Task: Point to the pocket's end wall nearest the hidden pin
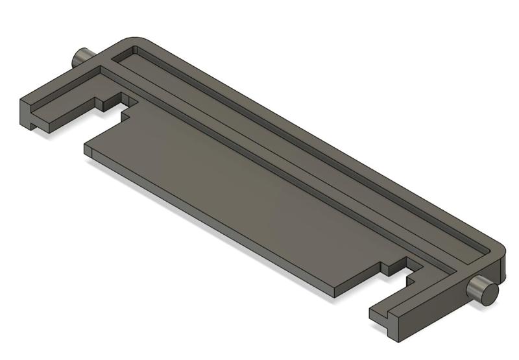(x=125, y=55)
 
